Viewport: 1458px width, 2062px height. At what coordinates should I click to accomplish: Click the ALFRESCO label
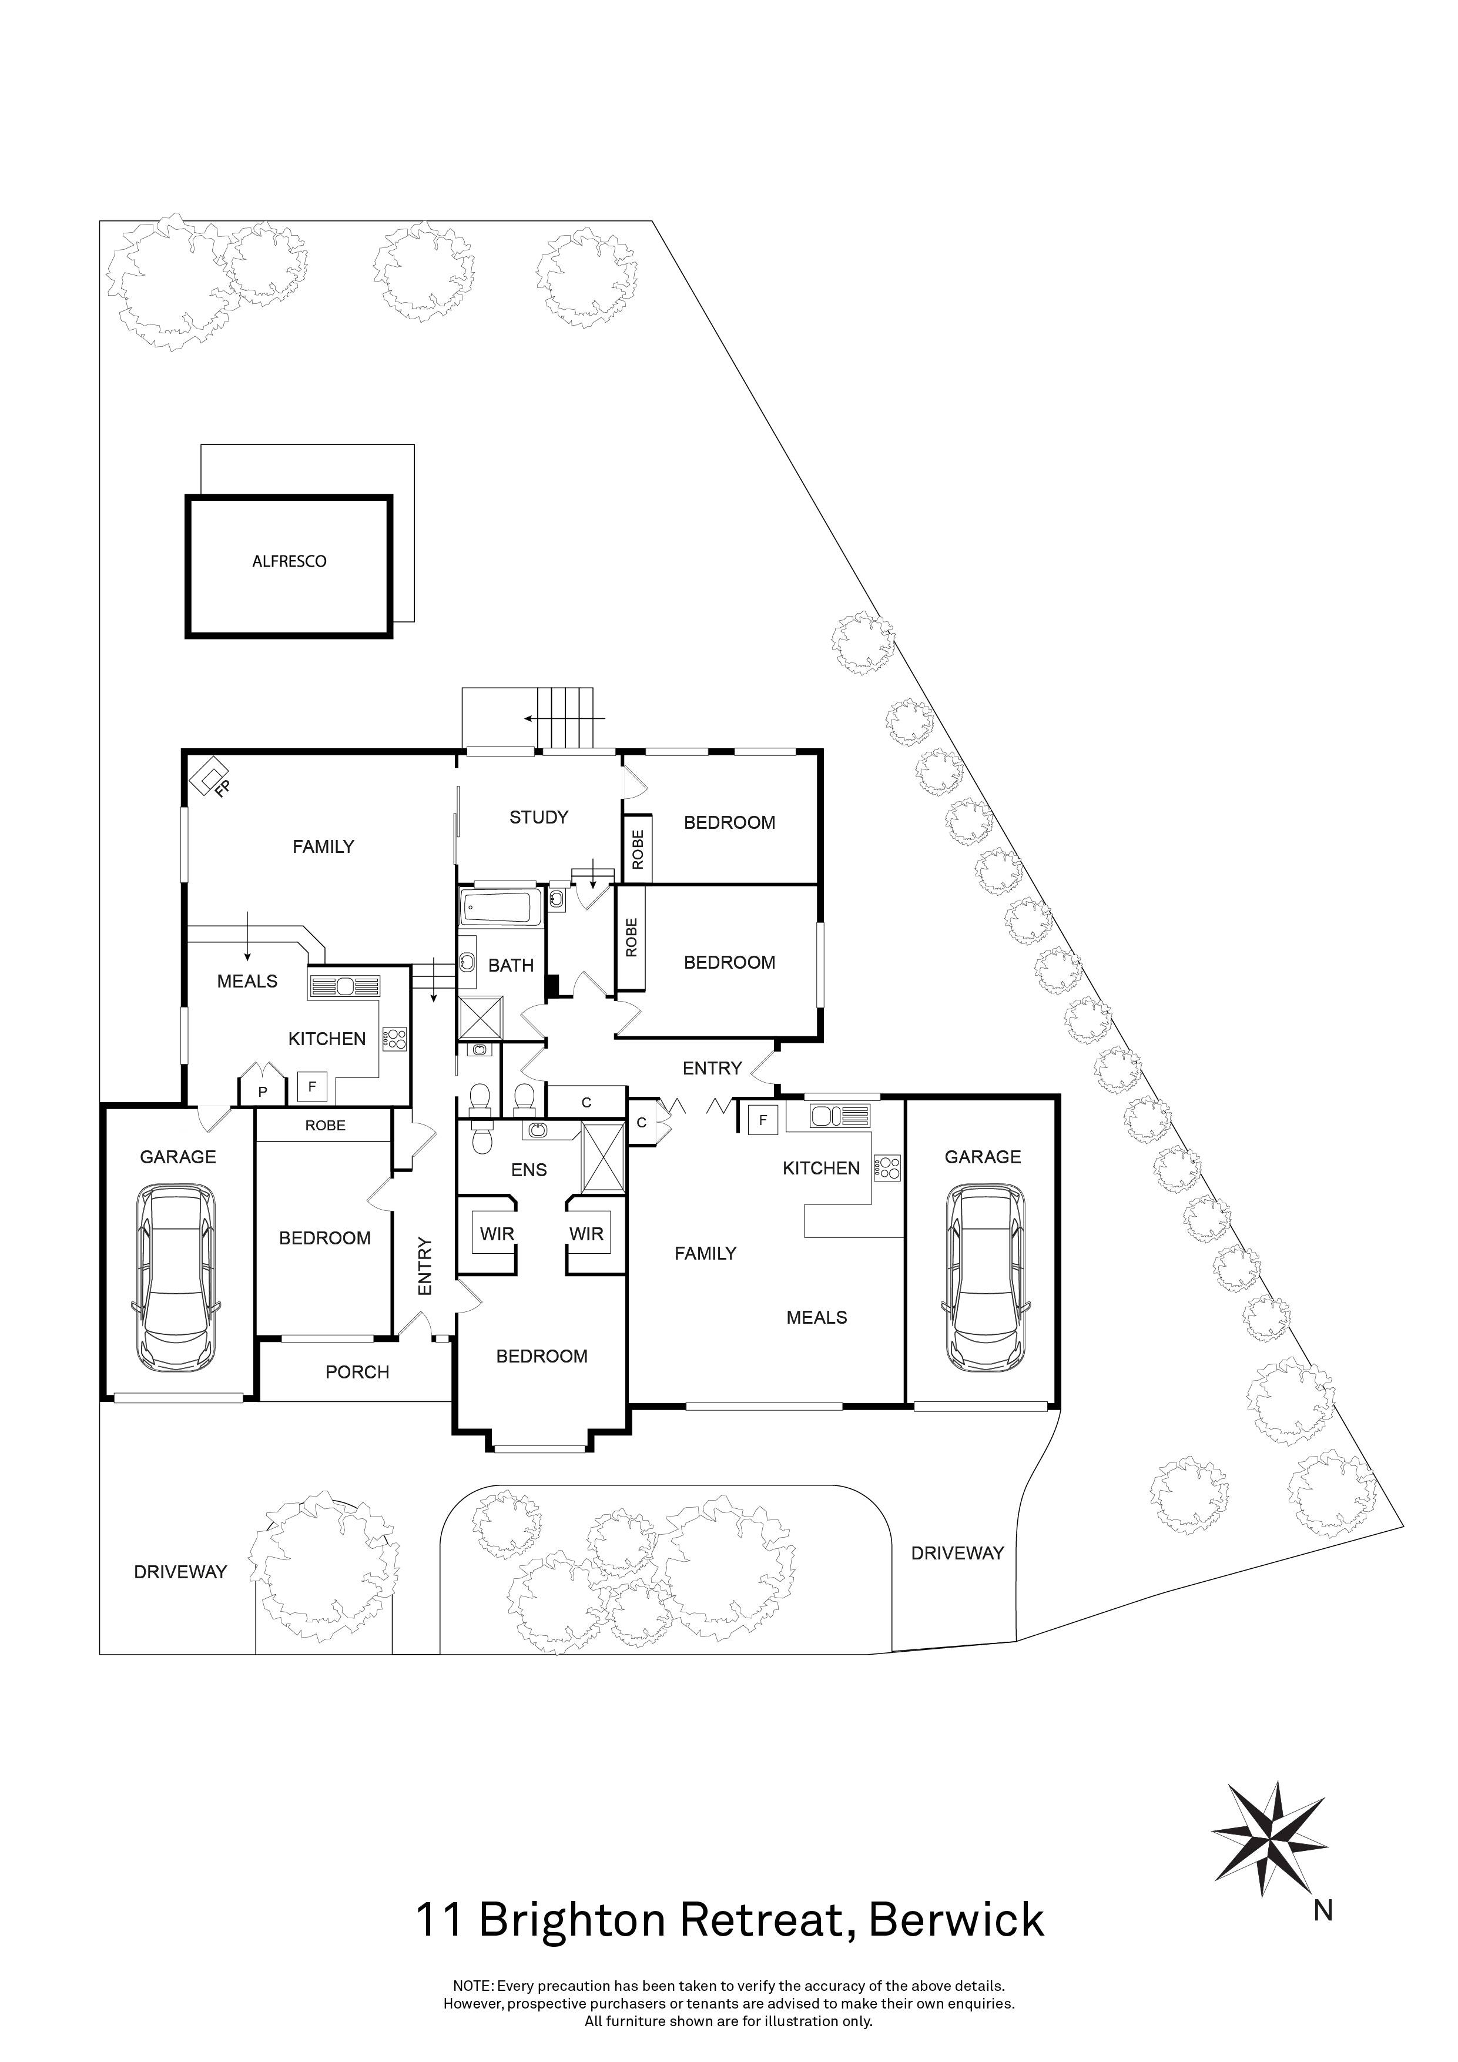click(x=289, y=561)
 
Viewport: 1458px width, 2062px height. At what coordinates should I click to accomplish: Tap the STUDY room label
click(x=539, y=816)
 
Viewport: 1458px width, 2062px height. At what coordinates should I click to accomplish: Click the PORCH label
click(x=357, y=1373)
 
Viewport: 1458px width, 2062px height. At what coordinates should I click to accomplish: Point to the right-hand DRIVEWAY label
click(x=957, y=1553)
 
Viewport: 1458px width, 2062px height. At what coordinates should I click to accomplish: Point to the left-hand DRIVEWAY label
click(x=180, y=1572)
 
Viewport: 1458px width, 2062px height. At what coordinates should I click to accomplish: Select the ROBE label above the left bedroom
click(x=325, y=1125)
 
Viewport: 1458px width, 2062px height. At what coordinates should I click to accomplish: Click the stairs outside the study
click(x=565, y=718)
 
